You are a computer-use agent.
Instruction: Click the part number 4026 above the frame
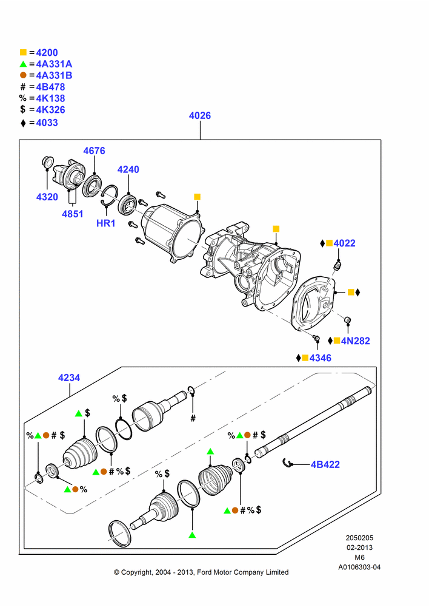coord(200,115)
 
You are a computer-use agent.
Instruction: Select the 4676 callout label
coord(95,151)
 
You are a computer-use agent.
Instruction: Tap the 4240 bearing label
coord(128,169)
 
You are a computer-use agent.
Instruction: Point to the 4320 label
coord(47,197)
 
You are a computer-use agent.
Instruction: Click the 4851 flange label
coord(73,214)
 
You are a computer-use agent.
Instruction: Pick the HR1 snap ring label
coord(106,223)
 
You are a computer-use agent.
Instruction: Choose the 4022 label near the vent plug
coord(344,243)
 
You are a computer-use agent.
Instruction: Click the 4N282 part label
coord(356,341)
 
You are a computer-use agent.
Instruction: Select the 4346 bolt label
coord(321,358)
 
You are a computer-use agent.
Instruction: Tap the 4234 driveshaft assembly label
coord(69,378)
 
